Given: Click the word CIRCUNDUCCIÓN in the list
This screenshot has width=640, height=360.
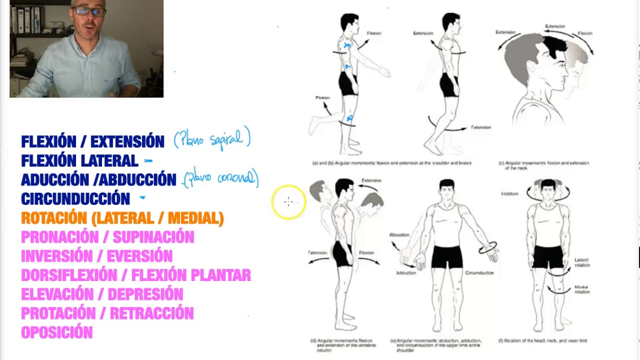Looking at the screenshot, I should [75, 199].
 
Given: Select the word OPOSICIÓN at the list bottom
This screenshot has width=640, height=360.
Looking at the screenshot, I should [57, 332].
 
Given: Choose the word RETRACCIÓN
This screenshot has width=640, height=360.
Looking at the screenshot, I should [151, 313].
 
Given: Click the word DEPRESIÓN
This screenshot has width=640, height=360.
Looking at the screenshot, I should [145, 294].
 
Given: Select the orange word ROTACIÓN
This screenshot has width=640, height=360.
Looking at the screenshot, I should [54, 218].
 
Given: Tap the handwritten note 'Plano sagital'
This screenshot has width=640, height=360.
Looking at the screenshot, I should [212, 139].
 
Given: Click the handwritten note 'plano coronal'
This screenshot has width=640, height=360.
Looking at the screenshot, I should [220, 178].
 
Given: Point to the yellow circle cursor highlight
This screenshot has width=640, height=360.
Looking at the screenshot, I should [288, 202].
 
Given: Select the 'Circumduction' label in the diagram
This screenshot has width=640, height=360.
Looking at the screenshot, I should [479, 273].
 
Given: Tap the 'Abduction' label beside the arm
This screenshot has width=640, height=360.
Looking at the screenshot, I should [399, 234].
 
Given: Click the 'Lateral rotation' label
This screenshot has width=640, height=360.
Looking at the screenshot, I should [582, 262].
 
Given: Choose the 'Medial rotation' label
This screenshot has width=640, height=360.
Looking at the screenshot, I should [581, 289].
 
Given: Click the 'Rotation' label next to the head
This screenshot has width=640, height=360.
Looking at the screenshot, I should [509, 193].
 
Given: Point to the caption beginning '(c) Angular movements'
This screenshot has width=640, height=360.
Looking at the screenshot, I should [544, 165].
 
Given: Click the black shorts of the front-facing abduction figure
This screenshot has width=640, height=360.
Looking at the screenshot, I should [446, 256].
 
